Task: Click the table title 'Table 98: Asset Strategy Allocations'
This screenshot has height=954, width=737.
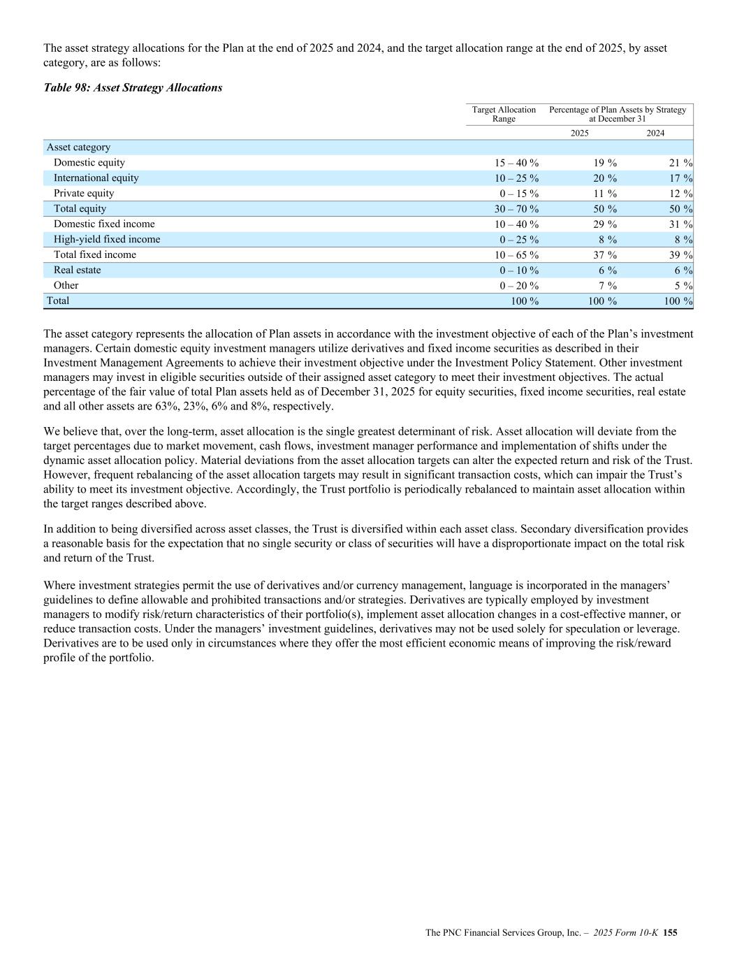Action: tap(133, 88)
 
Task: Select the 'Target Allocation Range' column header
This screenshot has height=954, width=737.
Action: tap(504, 114)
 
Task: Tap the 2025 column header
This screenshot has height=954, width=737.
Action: tap(579, 133)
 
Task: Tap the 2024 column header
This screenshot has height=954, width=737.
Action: tap(655, 133)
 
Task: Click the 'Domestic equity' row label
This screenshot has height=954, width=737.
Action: tap(89, 163)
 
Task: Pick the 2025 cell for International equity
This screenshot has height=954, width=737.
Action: tap(605, 178)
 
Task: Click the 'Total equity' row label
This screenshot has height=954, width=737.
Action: tap(80, 209)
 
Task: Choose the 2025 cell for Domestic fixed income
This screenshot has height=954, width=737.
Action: tap(605, 224)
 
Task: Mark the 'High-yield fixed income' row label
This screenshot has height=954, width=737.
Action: tap(107, 240)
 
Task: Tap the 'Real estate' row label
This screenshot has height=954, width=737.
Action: tap(77, 270)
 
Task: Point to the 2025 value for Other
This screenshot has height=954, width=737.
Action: tap(607, 286)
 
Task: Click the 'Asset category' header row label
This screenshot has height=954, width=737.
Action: tap(78, 147)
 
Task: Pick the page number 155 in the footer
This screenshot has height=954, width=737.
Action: tap(671, 932)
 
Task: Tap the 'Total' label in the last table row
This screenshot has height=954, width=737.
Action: tap(58, 301)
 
